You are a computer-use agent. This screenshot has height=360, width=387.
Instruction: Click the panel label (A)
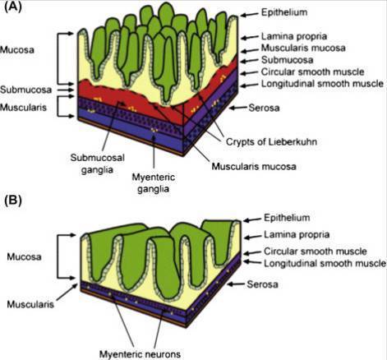(x=13, y=7)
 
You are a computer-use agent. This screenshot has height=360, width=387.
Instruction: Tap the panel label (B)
(x=13, y=201)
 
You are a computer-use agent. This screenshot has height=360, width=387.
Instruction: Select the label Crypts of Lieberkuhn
(x=271, y=141)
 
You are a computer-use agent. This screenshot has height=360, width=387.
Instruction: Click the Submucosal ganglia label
(x=98, y=164)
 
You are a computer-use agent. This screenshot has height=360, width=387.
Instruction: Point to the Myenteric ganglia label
(x=154, y=182)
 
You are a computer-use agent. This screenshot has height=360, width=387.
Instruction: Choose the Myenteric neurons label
(x=140, y=353)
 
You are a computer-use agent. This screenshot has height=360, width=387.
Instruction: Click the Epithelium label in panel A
(x=284, y=12)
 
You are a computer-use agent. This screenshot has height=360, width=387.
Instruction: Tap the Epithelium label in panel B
(x=287, y=218)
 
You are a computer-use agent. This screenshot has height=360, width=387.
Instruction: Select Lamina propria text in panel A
(x=294, y=36)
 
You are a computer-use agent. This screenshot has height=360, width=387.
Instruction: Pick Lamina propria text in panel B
(x=297, y=234)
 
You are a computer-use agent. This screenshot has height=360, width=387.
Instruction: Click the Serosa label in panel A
(x=264, y=108)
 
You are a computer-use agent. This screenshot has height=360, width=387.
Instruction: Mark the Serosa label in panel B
(x=262, y=284)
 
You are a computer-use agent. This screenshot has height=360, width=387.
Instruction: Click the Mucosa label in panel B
(x=24, y=256)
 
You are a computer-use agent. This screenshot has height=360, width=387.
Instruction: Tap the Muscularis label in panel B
(x=30, y=304)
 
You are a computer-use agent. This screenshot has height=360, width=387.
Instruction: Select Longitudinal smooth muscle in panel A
(x=322, y=84)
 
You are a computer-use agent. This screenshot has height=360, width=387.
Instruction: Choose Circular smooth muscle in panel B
(x=316, y=252)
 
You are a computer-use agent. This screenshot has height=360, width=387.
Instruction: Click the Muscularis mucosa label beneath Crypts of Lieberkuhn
(x=254, y=166)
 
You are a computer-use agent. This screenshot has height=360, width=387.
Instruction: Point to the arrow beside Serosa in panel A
(x=237, y=108)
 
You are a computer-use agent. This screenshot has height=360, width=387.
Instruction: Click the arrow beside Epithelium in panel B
(x=252, y=219)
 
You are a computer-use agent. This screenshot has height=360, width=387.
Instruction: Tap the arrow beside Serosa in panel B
(x=236, y=284)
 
